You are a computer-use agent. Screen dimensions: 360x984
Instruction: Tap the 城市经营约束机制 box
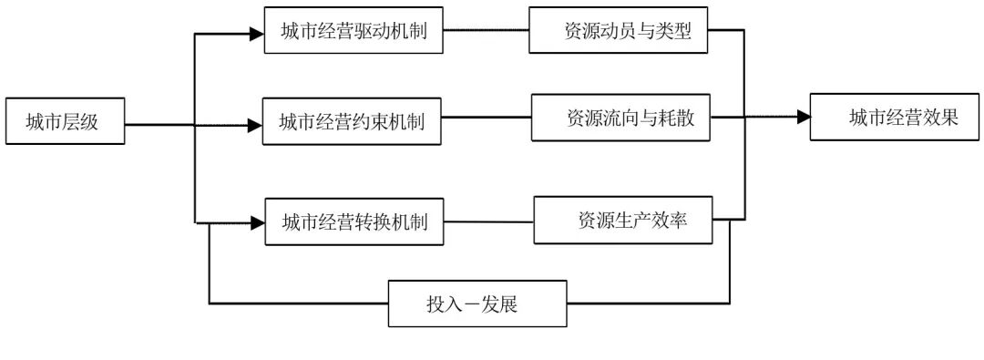[352, 121]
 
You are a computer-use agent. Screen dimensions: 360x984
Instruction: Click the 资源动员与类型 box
[620, 31]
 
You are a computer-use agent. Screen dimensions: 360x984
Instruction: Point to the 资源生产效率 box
[623, 220]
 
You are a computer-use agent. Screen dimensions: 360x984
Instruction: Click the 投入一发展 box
[477, 303]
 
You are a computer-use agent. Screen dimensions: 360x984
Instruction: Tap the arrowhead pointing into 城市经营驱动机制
[256, 35]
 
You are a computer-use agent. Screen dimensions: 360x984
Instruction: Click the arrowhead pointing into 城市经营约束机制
[255, 125]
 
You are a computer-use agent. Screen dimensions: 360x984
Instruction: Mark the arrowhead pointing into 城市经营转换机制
[257, 221]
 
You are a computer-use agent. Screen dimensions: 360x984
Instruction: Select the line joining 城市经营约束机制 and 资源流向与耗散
[487, 118]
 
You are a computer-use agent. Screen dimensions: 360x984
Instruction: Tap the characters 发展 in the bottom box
[497, 303]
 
